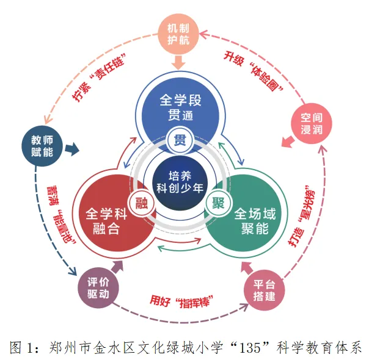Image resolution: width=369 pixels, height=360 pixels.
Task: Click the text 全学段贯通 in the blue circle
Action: tap(180, 107)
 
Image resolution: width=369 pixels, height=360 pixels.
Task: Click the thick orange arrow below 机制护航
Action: tap(180, 62)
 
